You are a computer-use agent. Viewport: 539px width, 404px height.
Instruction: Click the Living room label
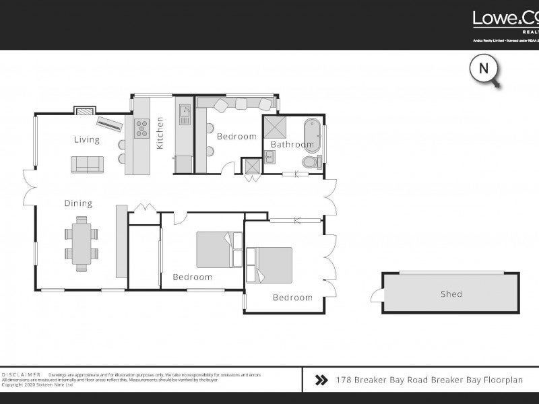tap(87, 140)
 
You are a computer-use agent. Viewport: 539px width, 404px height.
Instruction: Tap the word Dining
tap(78, 203)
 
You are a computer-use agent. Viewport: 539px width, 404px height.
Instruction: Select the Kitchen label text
tap(160, 133)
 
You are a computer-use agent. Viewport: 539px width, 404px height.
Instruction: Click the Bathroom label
tap(292, 145)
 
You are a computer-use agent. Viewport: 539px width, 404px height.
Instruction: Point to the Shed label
tap(451, 294)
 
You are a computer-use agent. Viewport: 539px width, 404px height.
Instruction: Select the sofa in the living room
tap(88, 164)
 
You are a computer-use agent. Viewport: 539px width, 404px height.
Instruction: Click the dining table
tap(82, 242)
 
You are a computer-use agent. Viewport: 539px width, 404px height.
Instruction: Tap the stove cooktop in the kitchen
tap(141, 128)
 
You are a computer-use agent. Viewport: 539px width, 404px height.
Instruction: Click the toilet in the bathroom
tap(311, 162)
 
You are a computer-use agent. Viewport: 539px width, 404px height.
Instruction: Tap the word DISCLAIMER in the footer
tap(22, 374)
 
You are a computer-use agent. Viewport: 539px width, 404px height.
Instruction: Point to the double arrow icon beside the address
tap(321, 380)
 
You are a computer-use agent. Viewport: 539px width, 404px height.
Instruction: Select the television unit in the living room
tap(109, 123)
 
